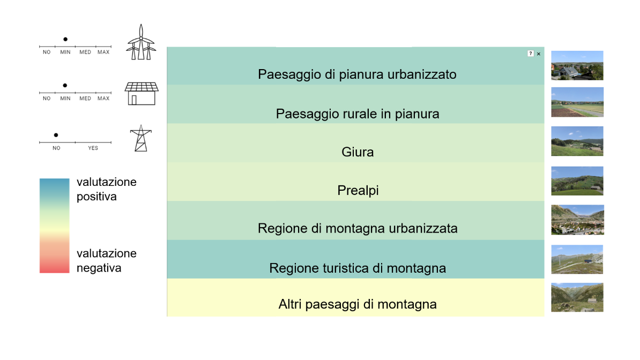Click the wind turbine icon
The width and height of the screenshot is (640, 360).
pyautogui.click(x=141, y=42)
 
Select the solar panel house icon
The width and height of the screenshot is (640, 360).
pyautogui.click(x=141, y=93)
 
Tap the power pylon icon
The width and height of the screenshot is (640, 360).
pyautogui.click(x=140, y=138)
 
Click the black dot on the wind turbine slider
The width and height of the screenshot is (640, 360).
pyautogui.click(x=65, y=39)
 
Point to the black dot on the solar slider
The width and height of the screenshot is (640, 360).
pyautogui.click(x=65, y=85)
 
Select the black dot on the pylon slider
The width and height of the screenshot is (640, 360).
pyautogui.click(x=56, y=135)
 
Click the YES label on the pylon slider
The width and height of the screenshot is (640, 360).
pyautogui.click(x=93, y=148)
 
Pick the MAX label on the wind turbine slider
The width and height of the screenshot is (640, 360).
pyautogui.click(x=103, y=52)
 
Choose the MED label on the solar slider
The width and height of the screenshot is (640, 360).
pyautogui.click(x=85, y=99)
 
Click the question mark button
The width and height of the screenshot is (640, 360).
pyautogui.click(x=531, y=54)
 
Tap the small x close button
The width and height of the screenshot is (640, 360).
pyautogui.click(x=539, y=54)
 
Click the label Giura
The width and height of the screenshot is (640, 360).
pyautogui.click(x=358, y=152)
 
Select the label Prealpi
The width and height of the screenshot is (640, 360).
pyautogui.click(x=358, y=190)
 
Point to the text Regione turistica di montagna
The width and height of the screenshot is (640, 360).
pyautogui.click(x=358, y=268)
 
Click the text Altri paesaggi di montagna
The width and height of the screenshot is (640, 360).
pyautogui.click(x=358, y=304)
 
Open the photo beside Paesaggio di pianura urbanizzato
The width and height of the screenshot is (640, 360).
pyautogui.click(x=577, y=65)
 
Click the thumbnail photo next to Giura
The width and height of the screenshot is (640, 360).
pyautogui.click(x=577, y=141)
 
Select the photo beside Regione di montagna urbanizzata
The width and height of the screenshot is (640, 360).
pyautogui.click(x=577, y=220)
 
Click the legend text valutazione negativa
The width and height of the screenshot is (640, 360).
pyautogui.click(x=107, y=260)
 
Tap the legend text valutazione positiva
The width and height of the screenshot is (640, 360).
pyautogui.click(x=107, y=189)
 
